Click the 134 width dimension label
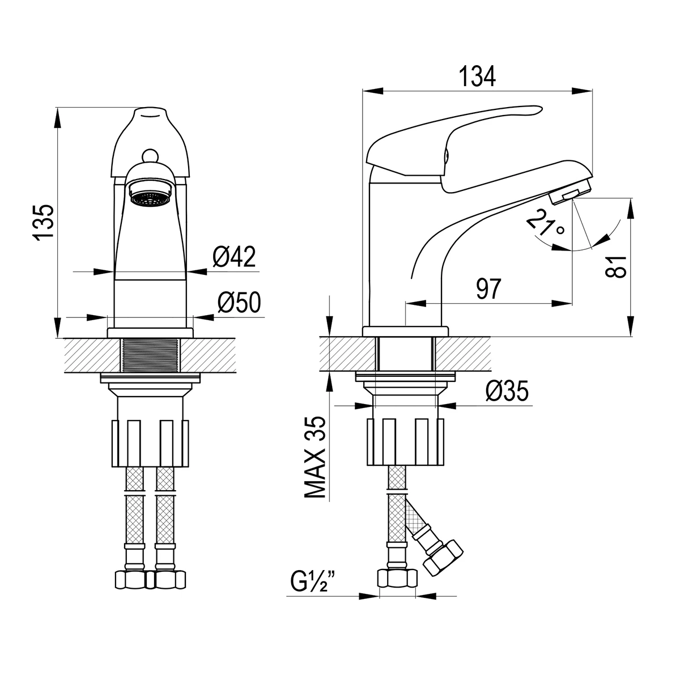pyautogui.click(x=477, y=76)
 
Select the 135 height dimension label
pyautogui.click(x=44, y=223)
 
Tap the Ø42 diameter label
pyautogui.click(x=234, y=257)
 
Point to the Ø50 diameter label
pyautogui.click(x=239, y=302)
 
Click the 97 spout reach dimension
pyautogui.click(x=488, y=288)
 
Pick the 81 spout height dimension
pyautogui.click(x=616, y=267)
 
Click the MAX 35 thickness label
pyautogui.click(x=314, y=457)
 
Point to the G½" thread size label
pyautogui.click(x=313, y=583)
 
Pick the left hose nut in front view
pyautogui.click(x=130, y=580)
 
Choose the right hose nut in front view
pyautogui.click(x=171, y=580)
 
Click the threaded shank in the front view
pyautogui.click(x=150, y=355)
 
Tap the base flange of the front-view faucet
pyautogui.click(x=150, y=333)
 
